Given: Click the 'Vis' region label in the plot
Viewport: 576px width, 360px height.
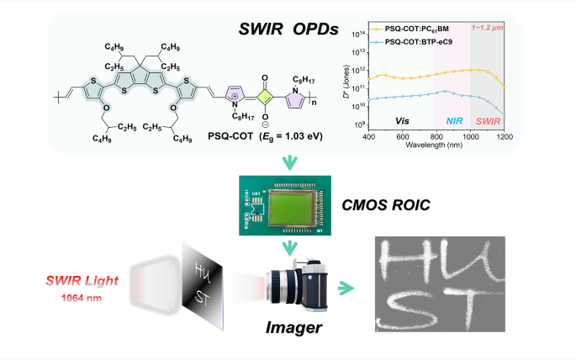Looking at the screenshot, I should pos(403,120).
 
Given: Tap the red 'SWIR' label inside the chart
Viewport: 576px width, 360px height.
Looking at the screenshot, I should pos(487,120).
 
